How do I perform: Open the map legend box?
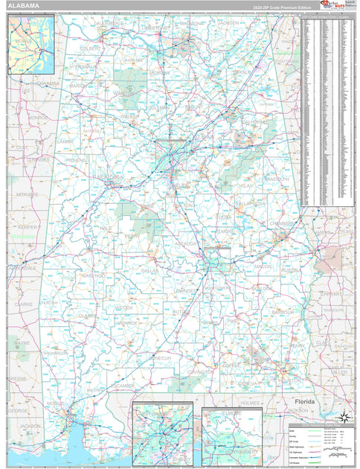(x=320, y=444)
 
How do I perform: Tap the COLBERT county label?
(x=91, y=48)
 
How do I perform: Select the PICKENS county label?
(x=76, y=159)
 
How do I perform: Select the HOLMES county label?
(x=250, y=403)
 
